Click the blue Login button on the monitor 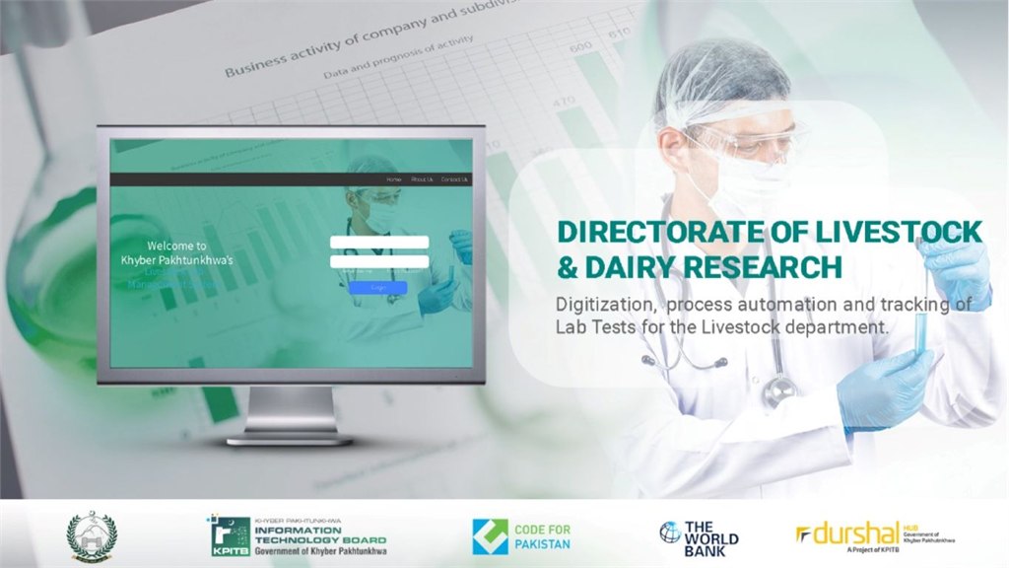click(377, 288)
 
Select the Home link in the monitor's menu click(394, 179)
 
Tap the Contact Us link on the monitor click(454, 179)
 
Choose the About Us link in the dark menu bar click(422, 179)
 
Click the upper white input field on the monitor click(379, 243)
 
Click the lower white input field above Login click(379, 261)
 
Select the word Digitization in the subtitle click(601, 305)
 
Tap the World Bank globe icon click(670, 532)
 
